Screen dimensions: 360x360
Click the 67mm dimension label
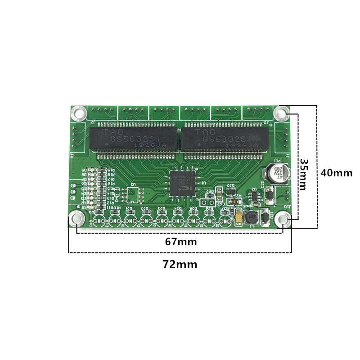[180, 242]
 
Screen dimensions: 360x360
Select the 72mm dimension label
[180, 265]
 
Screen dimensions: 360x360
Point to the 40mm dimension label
[336, 172]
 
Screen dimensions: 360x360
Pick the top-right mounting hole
[282, 112]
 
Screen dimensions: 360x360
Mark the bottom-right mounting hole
[283, 219]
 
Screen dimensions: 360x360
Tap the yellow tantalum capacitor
[238, 217]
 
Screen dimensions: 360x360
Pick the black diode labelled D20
[269, 195]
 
